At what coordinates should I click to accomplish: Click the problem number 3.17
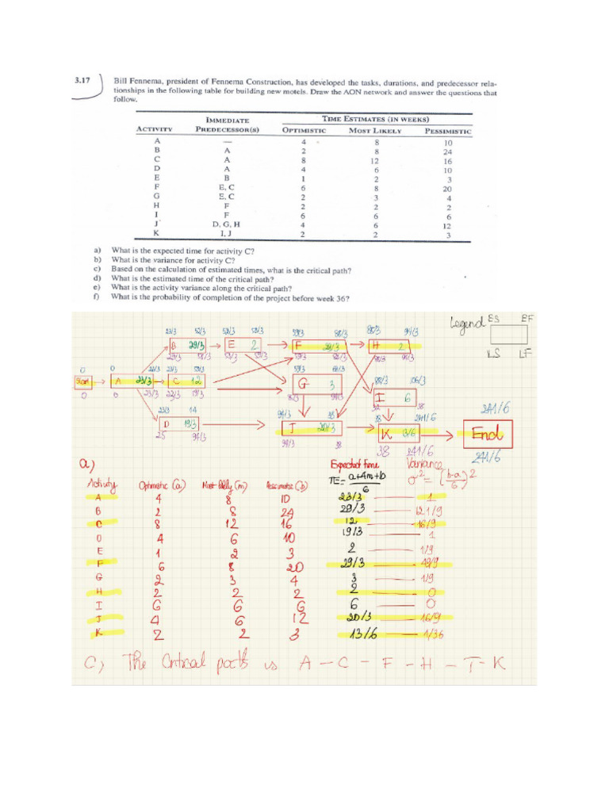click(x=82, y=81)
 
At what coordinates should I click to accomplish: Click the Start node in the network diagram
click(x=83, y=381)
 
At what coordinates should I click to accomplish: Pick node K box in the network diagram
click(x=396, y=434)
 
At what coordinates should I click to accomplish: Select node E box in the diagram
click(x=243, y=346)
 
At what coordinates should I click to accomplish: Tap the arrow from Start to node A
click(x=101, y=381)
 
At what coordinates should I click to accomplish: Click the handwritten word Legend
click(x=466, y=323)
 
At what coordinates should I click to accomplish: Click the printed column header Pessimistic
click(x=448, y=131)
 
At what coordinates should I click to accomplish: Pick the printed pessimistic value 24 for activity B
click(x=448, y=151)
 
